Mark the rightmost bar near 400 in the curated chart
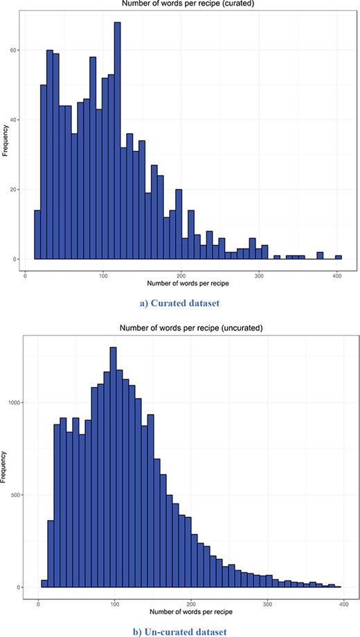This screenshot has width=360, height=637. [339, 258]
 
